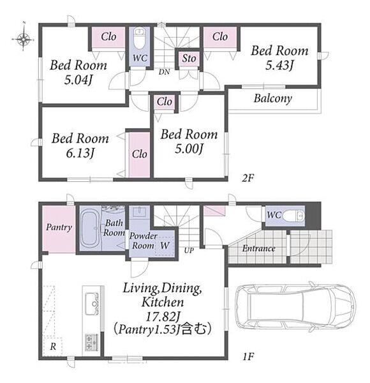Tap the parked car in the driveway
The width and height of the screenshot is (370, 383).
295,307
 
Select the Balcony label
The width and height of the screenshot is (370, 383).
273,98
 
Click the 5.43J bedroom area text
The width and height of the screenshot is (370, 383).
279,65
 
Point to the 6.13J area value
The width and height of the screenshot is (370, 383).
80,153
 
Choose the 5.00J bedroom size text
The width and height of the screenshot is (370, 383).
189,149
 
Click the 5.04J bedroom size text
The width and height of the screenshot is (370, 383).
78,80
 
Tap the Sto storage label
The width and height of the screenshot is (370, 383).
189,59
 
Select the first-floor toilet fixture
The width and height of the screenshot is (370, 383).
294,216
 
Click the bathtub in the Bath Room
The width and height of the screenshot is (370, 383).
89,229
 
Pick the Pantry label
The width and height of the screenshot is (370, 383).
59,227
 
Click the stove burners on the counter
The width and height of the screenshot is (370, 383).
91,342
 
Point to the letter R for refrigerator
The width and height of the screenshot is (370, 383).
53,347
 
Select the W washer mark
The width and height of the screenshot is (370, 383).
165,245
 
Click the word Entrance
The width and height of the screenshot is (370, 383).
259,249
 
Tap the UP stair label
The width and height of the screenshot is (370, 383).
189,250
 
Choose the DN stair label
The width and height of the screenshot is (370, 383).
164,71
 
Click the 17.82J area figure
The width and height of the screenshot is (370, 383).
163,317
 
